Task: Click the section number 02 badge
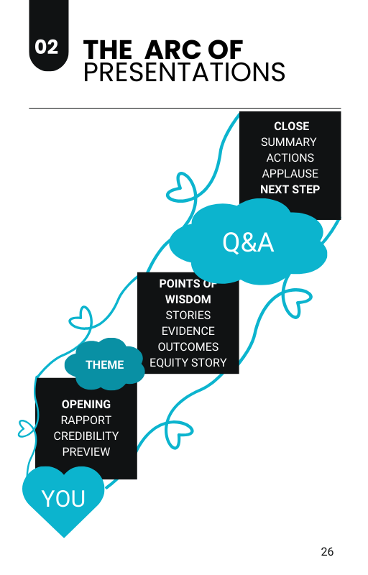[x=49, y=35]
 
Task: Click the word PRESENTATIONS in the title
[x=185, y=73]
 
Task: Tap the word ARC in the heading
[x=171, y=50]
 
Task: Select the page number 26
[x=327, y=551]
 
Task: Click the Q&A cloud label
[x=248, y=242]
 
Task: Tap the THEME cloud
[x=104, y=364]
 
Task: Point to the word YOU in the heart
[x=63, y=499]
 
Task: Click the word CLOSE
[x=291, y=126]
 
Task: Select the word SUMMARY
[x=288, y=142]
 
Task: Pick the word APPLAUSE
[x=290, y=173]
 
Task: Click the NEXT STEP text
[x=290, y=189]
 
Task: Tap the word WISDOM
[x=188, y=299]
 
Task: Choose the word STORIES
[x=188, y=315]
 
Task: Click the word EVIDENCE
[x=188, y=331]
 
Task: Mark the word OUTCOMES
[x=188, y=346]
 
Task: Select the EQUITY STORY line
[x=188, y=362]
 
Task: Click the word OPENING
[x=86, y=404]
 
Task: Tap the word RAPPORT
[x=86, y=420]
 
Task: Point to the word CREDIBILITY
[x=86, y=436]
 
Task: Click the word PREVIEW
[x=86, y=451]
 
